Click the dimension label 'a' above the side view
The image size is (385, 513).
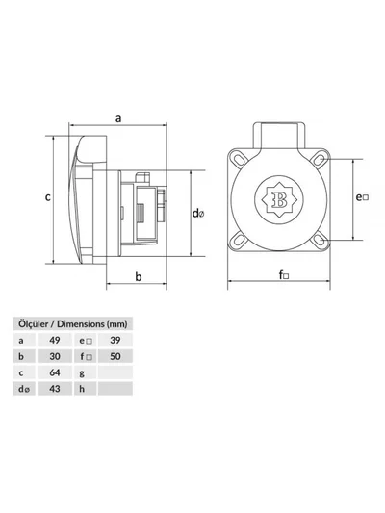118,118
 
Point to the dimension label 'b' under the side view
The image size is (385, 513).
139,276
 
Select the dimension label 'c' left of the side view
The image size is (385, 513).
48,197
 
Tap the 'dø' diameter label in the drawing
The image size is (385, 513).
198,214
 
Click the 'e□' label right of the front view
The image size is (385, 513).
362,197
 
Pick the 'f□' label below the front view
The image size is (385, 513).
284,275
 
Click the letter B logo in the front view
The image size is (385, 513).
279,199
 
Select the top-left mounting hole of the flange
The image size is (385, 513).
240,160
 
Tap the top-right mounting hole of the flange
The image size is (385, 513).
319,160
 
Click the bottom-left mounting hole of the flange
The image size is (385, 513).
240,241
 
